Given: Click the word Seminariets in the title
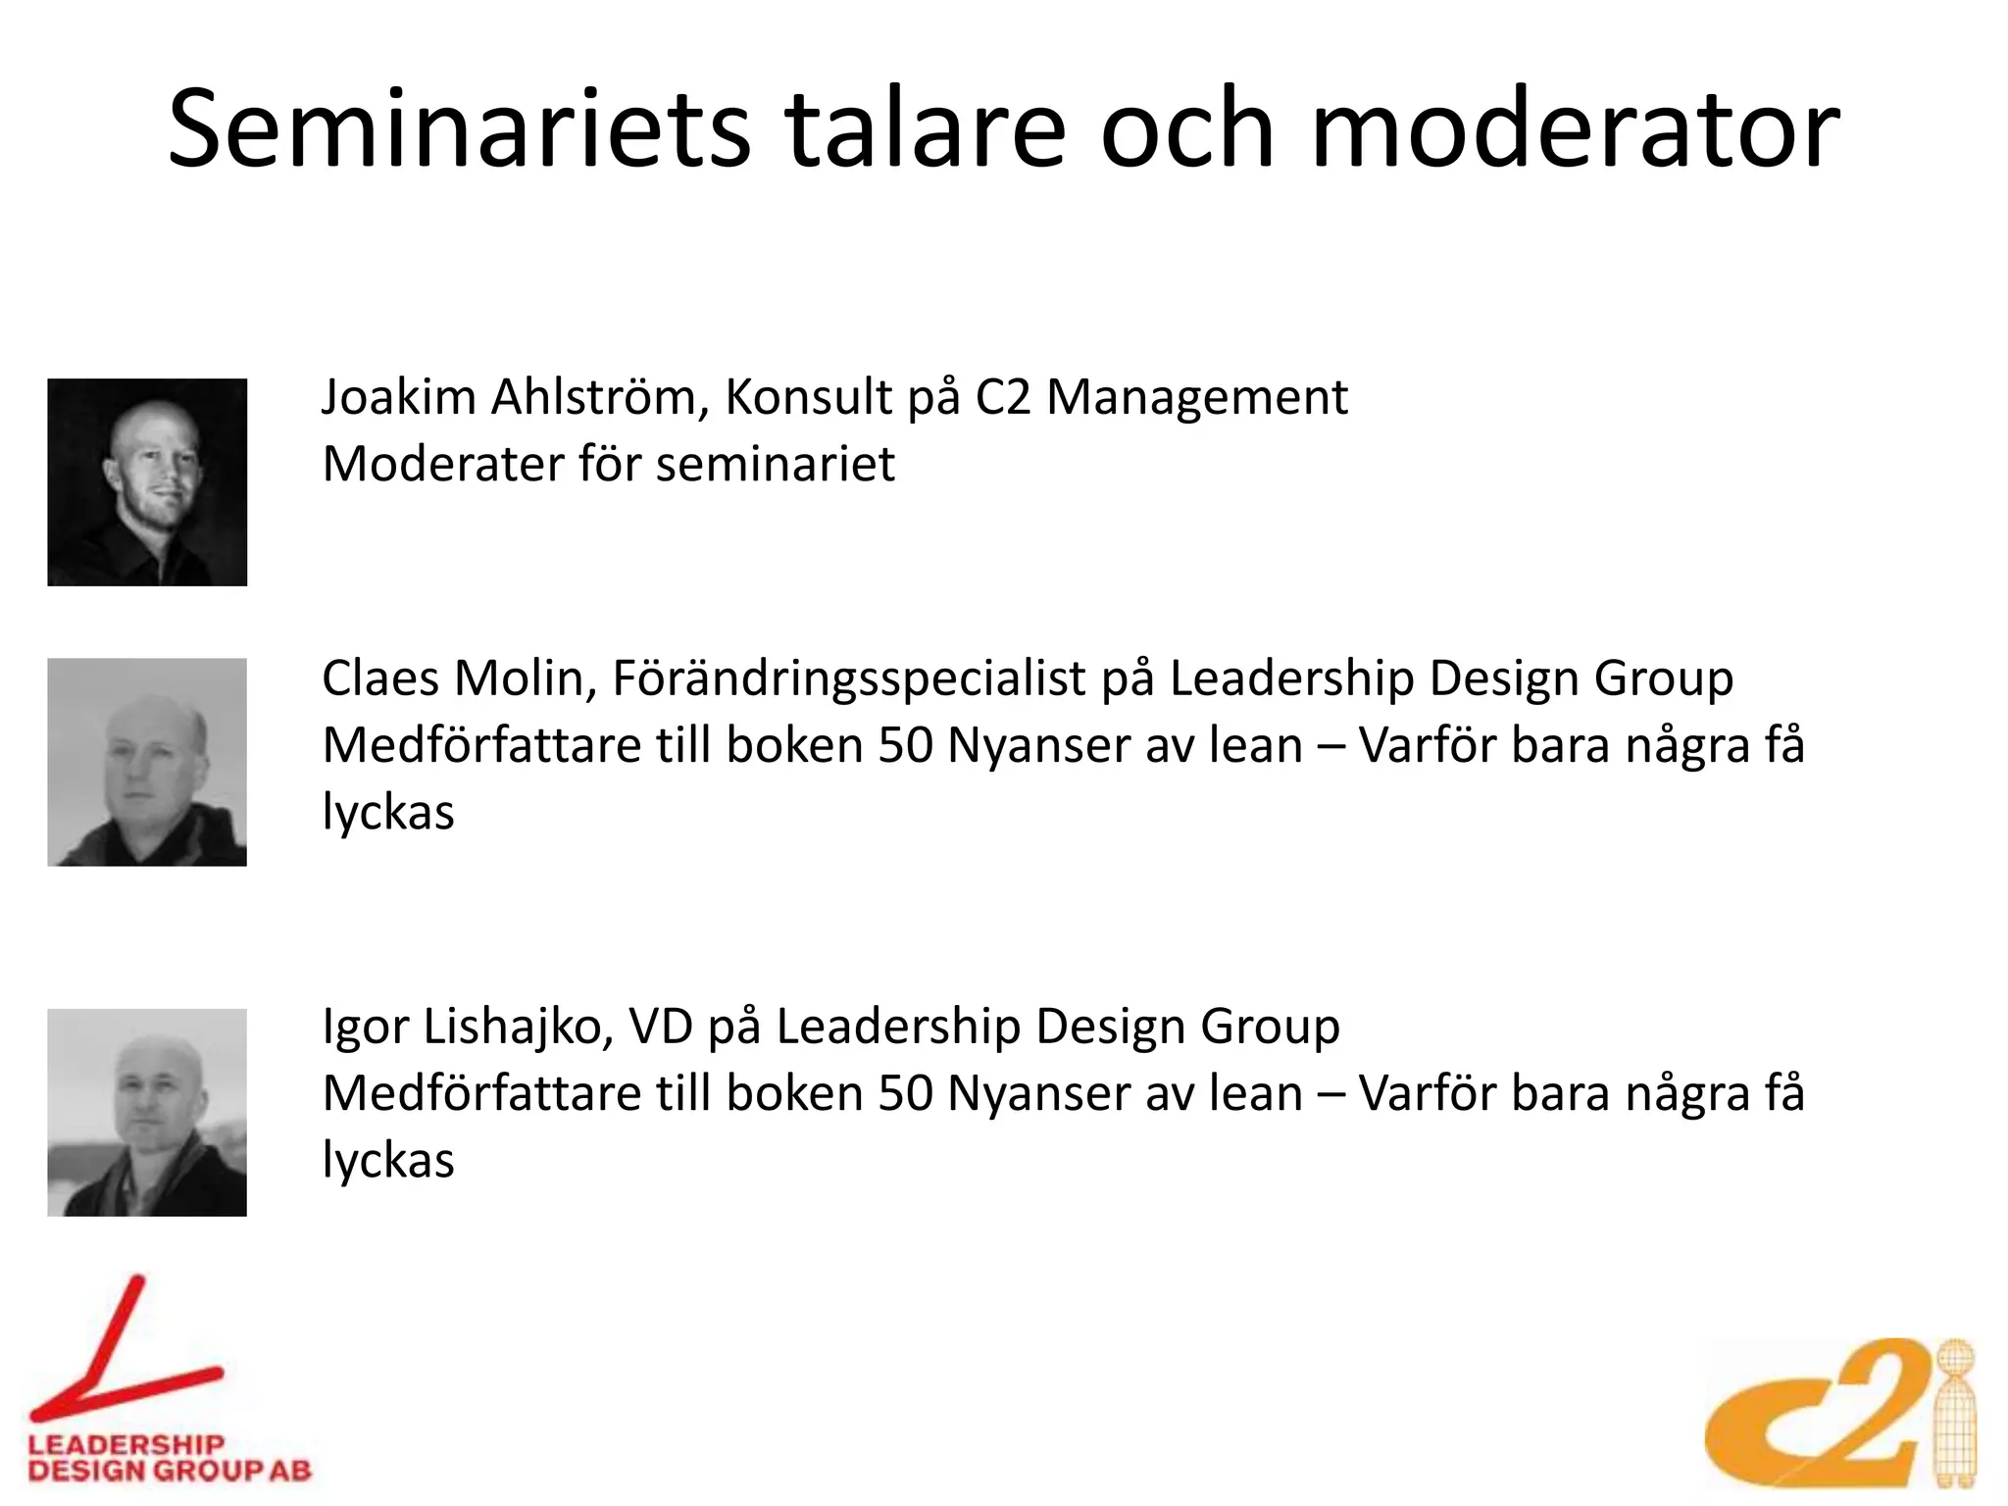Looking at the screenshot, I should coord(459,129).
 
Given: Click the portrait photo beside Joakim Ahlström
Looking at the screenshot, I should coord(147,482).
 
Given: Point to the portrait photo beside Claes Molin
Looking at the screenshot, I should coord(147,762).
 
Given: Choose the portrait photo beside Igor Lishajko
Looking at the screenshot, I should coord(147,1113).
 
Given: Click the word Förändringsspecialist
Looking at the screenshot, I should coord(849,679).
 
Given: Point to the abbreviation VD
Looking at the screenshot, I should coord(660,1027).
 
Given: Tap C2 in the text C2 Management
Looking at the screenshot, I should coord(1002,397).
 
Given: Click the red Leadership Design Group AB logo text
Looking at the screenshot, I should coord(169,1457).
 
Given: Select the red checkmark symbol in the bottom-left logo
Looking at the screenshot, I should coord(123,1358).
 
